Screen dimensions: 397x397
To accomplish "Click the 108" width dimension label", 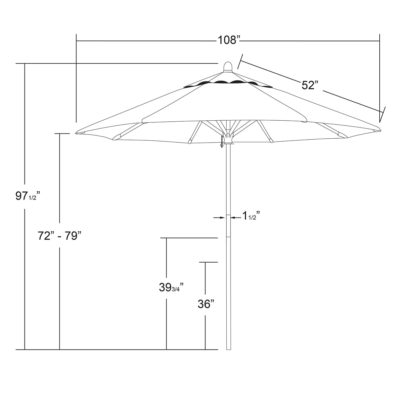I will [229, 40].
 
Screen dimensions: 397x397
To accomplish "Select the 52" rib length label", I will [310, 85].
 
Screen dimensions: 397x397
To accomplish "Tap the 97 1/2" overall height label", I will [27, 196].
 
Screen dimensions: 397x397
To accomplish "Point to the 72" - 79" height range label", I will [59, 235].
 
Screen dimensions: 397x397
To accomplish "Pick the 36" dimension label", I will [206, 304].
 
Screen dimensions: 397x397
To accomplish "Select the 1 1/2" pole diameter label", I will [250, 216].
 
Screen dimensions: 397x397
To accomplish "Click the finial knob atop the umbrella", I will [228, 66].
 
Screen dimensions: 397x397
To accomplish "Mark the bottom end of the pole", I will [228, 349].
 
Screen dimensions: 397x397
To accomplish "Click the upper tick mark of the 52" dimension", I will [240, 61].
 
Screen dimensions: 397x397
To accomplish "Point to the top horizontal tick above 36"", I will [209, 262].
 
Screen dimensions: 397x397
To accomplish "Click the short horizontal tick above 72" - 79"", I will [62, 134].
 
